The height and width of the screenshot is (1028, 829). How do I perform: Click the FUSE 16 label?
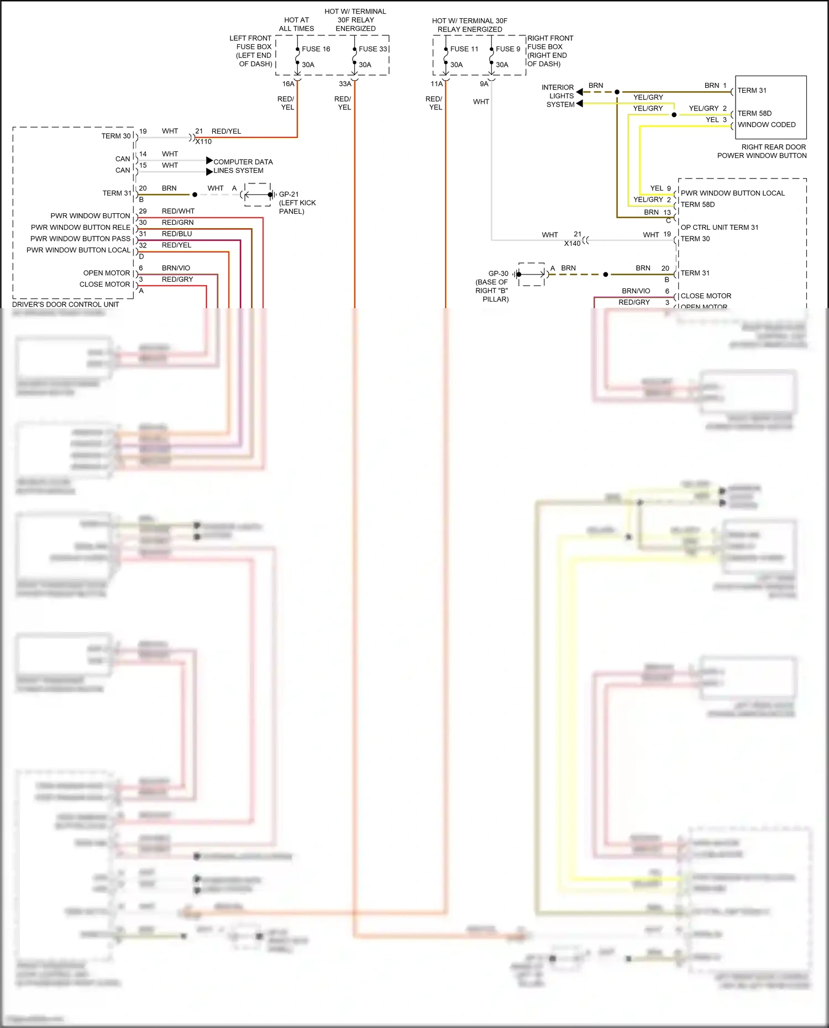tap(316, 49)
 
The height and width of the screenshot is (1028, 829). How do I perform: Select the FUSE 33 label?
tap(372, 49)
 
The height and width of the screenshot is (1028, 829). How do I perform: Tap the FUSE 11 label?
tap(464, 49)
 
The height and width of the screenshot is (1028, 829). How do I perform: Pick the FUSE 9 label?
tap(508, 49)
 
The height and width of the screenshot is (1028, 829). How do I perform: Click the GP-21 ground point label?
tap(288, 194)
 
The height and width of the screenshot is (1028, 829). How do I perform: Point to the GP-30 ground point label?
tap(498, 273)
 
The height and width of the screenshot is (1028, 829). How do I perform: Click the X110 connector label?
tap(203, 141)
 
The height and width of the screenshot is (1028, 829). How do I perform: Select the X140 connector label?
tap(572, 244)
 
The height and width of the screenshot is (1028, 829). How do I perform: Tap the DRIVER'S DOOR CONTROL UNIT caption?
tap(66, 304)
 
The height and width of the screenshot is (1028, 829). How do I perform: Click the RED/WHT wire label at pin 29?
tap(178, 211)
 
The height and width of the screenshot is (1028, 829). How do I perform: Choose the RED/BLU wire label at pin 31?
tap(177, 234)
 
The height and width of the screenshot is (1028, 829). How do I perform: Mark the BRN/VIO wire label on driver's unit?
tap(176, 268)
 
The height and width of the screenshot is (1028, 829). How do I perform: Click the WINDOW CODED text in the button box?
tap(767, 125)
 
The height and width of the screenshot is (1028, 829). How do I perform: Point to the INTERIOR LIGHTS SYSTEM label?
tap(558, 96)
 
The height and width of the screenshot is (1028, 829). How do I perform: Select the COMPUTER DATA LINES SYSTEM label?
tap(243, 166)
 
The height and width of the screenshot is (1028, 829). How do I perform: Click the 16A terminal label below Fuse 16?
tap(288, 84)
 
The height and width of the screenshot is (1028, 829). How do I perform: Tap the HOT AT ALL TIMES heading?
tap(296, 24)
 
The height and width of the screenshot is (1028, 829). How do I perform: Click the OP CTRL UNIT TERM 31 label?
tap(719, 228)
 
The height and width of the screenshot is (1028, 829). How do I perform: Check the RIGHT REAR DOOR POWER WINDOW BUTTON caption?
tap(762, 151)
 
